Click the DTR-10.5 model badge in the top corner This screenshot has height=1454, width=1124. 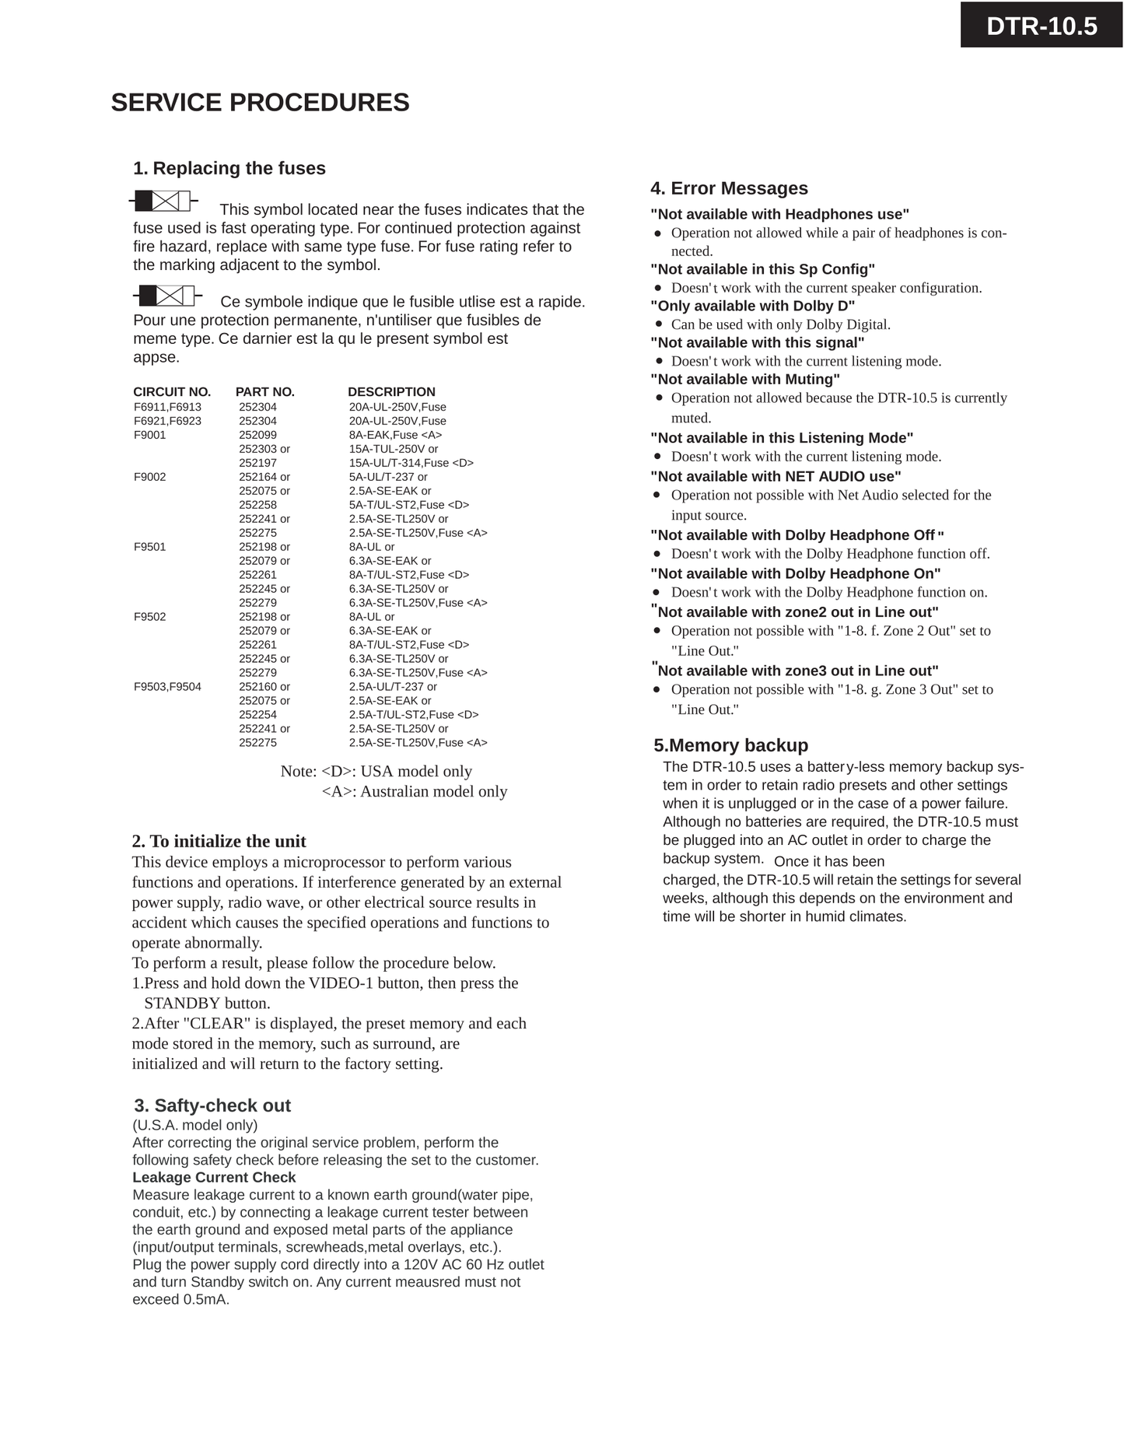click(x=1041, y=26)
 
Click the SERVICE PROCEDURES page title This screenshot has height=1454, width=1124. click(x=260, y=103)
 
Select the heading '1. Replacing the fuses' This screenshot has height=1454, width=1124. click(x=229, y=168)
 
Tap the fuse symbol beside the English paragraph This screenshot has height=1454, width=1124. click(x=163, y=201)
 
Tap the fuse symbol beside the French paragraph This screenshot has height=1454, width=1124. click(x=167, y=296)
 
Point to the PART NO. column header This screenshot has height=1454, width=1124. click(x=264, y=392)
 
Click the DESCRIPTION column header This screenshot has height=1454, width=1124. click(x=391, y=392)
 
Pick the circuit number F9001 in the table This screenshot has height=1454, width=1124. click(x=150, y=435)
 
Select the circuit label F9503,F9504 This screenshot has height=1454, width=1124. click(x=167, y=687)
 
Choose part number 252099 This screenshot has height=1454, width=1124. click(x=257, y=435)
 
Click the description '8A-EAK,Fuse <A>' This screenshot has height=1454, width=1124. click(x=395, y=435)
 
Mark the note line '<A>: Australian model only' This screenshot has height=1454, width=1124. click(x=414, y=792)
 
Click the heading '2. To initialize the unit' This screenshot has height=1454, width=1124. click(x=219, y=841)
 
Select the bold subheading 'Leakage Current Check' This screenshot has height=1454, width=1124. click(x=214, y=1178)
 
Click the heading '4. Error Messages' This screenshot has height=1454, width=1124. click(x=729, y=188)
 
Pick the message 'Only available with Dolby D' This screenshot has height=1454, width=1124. click(x=752, y=306)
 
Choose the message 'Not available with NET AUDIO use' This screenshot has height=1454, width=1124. click(x=776, y=476)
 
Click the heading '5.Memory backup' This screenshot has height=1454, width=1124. click(x=730, y=745)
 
